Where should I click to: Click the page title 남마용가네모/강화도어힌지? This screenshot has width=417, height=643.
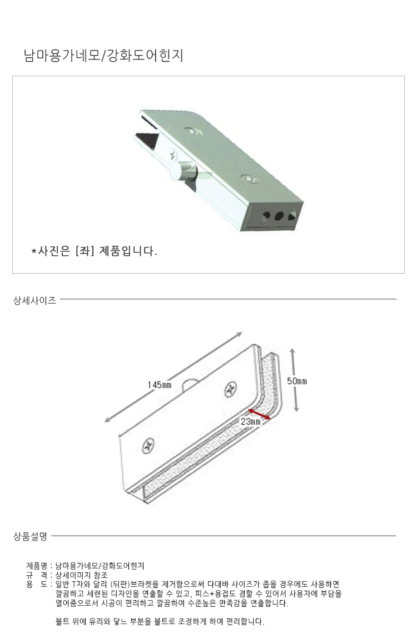(x=103, y=56)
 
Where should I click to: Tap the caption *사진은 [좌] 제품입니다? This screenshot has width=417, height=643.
(x=95, y=250)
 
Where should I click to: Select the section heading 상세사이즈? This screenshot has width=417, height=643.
(x=35, y=300)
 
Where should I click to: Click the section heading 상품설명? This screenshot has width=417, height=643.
(x=31, y=536)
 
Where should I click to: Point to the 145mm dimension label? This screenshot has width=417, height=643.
(x=160, y=385)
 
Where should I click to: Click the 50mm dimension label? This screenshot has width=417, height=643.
(x=297, y=381)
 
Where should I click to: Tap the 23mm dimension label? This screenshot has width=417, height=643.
(x=251, y=421)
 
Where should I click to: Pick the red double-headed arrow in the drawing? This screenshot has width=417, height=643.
(x=259, y=414)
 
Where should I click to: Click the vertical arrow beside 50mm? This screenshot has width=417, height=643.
(x=294, y=380)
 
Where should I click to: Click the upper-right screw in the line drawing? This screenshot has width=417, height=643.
(x=230, y=389)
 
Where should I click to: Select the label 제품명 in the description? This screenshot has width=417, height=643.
(x=37, y=566)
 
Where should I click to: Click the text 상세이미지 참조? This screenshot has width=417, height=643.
(x=82, y=575)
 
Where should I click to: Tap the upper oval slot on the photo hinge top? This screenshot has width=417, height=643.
(x=193, y=131)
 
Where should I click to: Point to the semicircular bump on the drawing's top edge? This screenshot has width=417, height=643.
(x=189, y=383)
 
